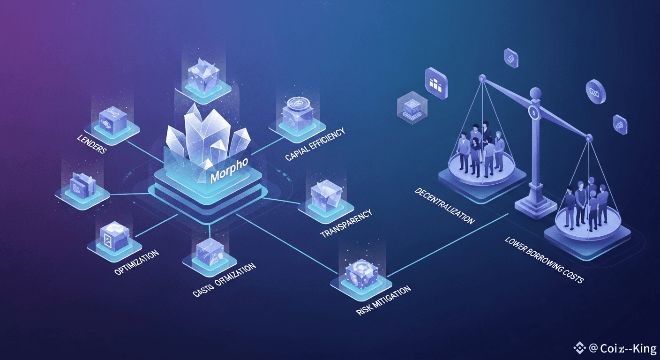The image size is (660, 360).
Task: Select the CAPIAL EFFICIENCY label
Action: point(315,144)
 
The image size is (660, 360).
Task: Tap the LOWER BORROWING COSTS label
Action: point(544,260)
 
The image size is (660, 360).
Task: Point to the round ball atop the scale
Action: point(533,93)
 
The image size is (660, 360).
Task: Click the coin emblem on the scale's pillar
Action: point(533,112)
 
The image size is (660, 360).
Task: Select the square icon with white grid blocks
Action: point(435,83)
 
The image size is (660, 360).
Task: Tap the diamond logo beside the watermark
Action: point(580,347)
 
